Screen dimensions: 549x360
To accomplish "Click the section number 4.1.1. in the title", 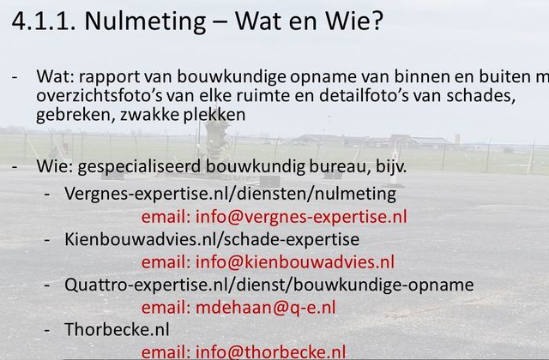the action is coord(44,21).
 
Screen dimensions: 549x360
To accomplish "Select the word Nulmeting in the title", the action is coord(145,21).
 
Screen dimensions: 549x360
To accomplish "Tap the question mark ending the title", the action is coord(376,21).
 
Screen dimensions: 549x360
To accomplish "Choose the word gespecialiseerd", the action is coord(139,167).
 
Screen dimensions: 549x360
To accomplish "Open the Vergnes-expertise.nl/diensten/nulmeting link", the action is coord(230,194).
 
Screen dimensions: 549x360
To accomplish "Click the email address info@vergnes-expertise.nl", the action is coord(301,217).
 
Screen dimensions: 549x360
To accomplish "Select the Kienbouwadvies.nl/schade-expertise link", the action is coord(212,240).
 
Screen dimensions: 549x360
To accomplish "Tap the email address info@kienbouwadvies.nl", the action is coord(294,262).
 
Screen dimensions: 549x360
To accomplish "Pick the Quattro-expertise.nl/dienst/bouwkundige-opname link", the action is coord(268,285).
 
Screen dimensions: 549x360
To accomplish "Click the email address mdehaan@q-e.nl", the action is coord(265,308).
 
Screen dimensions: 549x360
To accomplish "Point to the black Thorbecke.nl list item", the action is coord(117,329).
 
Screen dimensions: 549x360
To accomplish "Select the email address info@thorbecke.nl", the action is coord(270,352).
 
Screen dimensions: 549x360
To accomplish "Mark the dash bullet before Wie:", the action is coord(15,167).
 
